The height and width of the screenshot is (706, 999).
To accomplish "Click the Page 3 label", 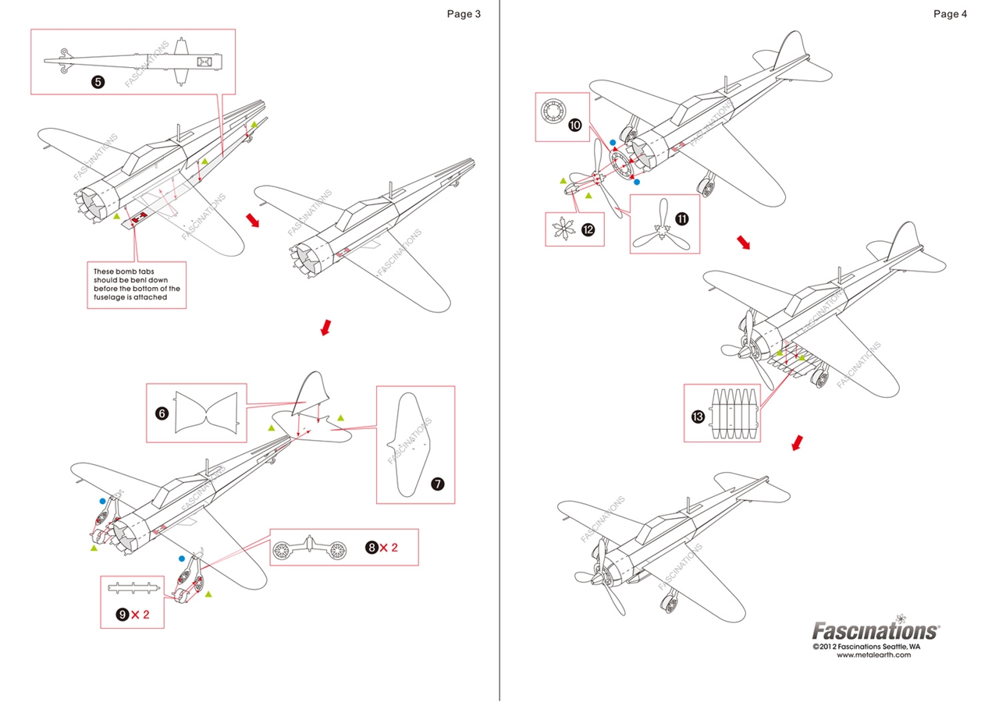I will (464, 13).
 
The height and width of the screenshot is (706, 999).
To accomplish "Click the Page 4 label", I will (950, 13).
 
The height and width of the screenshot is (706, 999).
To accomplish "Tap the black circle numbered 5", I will (98, 81).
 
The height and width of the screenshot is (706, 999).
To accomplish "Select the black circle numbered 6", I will (162, 413).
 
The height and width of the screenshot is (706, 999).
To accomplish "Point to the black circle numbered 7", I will (437, 484).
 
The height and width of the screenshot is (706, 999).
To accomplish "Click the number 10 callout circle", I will (575, 125).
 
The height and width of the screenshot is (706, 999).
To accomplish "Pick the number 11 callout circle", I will (681, 219).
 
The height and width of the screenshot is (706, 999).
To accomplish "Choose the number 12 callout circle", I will (588, 229).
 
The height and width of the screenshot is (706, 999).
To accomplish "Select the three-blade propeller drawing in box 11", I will (660, 225).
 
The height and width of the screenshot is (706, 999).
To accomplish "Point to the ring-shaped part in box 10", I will (553, 111).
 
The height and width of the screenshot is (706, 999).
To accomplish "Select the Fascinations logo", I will (876, 630).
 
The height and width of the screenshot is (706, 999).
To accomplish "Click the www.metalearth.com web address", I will (873, 655).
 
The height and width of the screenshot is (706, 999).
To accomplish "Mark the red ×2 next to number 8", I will (388, 548).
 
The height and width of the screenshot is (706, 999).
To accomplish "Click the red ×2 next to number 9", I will (140, 615).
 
